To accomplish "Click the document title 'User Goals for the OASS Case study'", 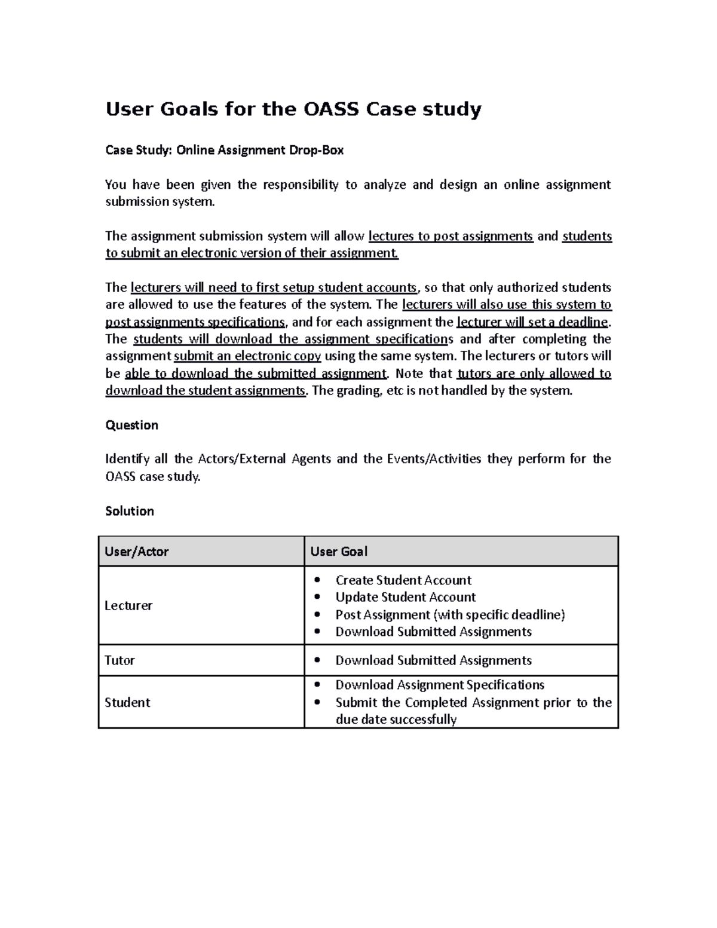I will click(293, 110).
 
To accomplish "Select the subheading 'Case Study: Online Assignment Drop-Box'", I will click(224, 150).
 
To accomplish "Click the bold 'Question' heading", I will click(131, 425).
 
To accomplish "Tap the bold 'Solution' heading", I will click(130, 511).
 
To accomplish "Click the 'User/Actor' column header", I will click(136, 552).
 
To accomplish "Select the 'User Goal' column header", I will click(339, 552).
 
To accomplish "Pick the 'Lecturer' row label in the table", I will click(128, 605).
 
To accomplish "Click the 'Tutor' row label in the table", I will click(119, 660).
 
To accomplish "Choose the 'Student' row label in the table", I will click(127, 702).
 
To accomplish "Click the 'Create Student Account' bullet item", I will click(403, 580).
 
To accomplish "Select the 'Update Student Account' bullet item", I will click(405, 597).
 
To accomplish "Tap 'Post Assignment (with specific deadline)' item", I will click(450, 614).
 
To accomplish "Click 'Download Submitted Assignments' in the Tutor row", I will click(433, 660).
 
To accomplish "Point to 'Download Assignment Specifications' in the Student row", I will click(440, 685).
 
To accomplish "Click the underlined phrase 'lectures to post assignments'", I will click(451, 236).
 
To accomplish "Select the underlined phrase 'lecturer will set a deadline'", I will click(532, 322).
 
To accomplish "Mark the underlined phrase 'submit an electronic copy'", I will click(247, 356).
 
